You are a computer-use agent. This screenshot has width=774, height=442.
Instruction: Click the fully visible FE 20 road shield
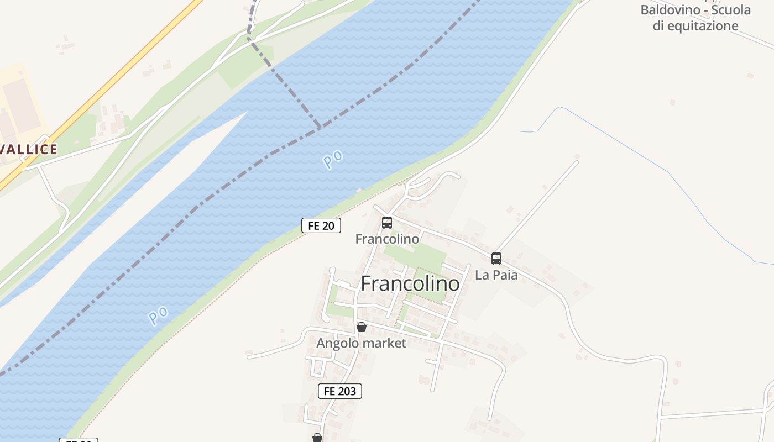tap(321, 225)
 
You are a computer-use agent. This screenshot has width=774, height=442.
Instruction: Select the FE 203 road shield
tap(340, 391)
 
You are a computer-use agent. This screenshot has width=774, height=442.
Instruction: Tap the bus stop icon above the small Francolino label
tap(387, 223)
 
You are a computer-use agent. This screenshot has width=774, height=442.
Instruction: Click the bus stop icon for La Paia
tap(496, 258)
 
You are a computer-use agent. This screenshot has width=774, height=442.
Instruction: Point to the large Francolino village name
tap(410, 283)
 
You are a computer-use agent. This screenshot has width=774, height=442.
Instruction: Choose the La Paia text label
tap(496, 275)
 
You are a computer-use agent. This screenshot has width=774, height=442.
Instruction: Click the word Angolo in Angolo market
tap(336, 343)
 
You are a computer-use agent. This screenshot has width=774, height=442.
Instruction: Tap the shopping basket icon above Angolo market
tap(362, 327)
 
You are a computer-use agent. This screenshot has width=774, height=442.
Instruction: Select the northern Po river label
tap(333, 160)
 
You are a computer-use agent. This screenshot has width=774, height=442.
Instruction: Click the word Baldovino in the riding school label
tap(666, 10)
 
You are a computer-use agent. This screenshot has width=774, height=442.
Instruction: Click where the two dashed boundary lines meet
tap(319, 128)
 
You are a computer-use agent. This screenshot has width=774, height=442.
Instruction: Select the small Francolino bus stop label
tap(387, 239)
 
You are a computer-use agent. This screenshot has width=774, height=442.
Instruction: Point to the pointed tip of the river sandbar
tap(245, 113)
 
